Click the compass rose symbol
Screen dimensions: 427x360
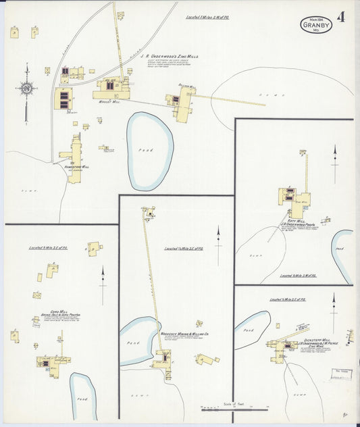pos(26,88)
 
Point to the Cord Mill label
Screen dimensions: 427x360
pos(49,311)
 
